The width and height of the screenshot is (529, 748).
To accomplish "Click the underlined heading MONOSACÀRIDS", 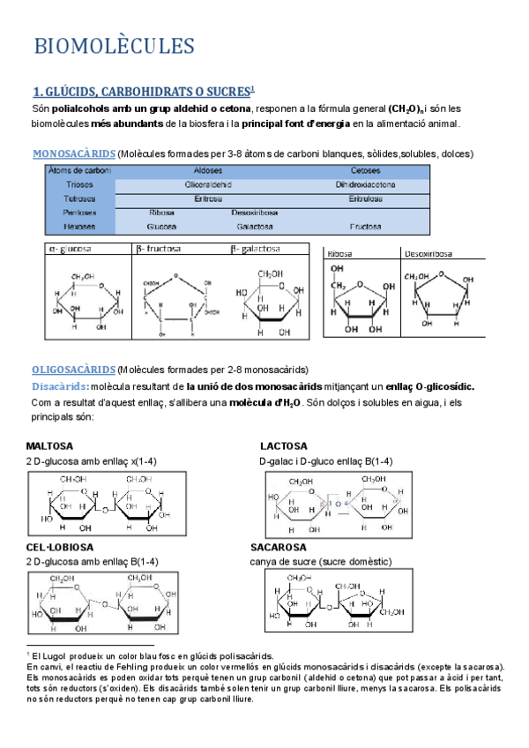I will (73, 153).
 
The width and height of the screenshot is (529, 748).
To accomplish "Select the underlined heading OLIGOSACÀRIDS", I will (73, 369).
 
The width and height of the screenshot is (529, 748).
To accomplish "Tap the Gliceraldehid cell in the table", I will (207, 185).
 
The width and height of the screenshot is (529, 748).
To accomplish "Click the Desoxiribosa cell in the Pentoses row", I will (256, 212).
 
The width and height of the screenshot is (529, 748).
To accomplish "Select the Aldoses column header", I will (207, 171).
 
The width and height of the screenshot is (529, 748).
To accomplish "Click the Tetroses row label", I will (79, 198).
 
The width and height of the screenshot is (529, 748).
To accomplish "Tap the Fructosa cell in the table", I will (365, 226).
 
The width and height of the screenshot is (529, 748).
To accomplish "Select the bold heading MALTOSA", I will (49, 445).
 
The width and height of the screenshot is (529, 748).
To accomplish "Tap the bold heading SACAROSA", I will (279, 547).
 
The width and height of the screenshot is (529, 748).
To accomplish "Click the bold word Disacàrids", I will (58, 385).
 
